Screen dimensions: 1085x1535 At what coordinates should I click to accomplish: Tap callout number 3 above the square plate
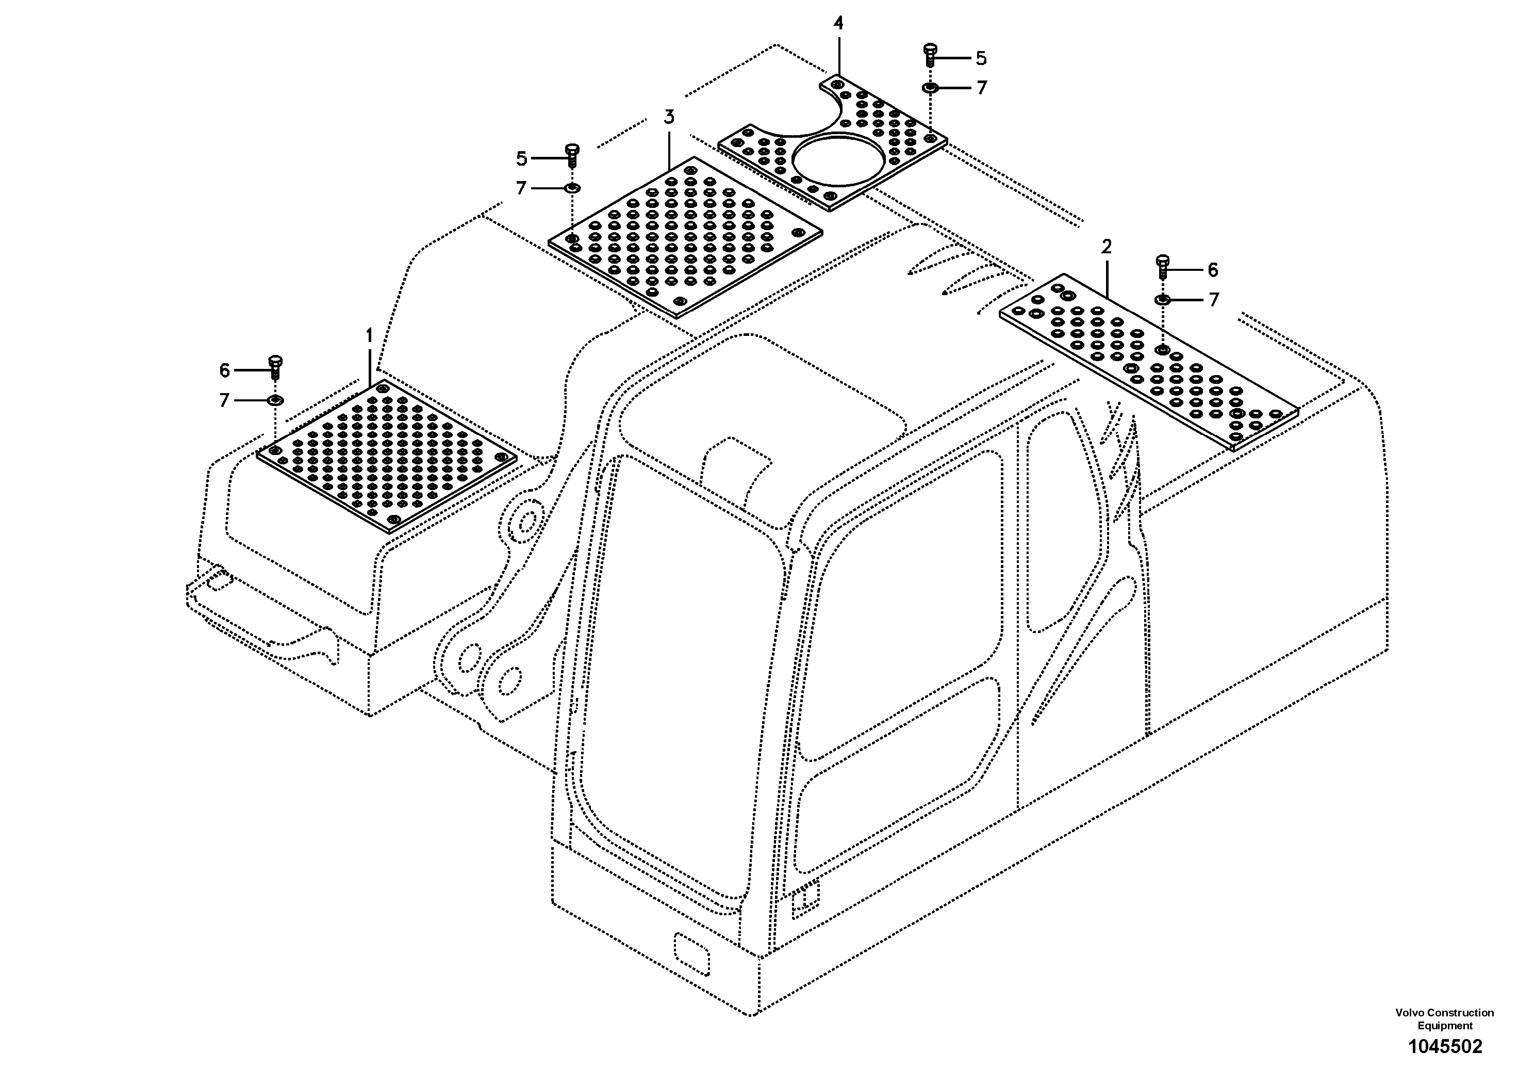[x=669, y=117]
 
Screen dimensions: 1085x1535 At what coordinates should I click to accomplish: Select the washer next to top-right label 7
[x=930, y=88]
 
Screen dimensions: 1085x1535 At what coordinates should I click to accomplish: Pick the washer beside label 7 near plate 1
[x=275, y=400]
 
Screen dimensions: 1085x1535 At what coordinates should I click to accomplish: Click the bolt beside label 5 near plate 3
[x=572, y=155]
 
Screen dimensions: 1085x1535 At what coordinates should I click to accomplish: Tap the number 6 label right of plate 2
[x=1213, y=270]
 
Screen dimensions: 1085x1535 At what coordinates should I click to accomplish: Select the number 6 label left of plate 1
[x=225, y=370]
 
